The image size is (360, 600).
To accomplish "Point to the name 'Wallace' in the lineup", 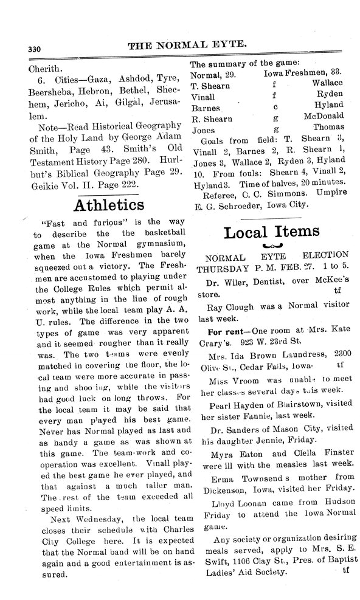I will pyautogui.click(x=327, y=83).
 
